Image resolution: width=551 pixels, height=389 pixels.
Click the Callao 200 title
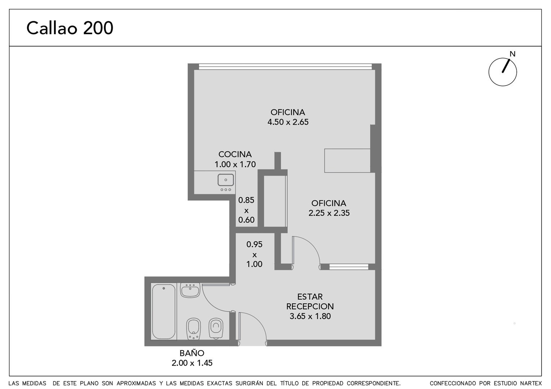70,28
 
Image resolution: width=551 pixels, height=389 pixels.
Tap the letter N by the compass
512,54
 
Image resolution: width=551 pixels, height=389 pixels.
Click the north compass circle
503,72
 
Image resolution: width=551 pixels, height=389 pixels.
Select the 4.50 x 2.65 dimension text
288,122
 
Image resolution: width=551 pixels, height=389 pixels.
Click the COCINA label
235,154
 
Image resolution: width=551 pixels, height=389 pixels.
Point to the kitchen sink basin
226,180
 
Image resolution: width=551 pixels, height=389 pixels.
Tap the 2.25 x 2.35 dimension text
329,213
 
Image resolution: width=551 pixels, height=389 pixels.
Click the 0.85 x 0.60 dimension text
246,210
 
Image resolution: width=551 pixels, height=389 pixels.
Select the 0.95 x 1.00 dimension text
254,254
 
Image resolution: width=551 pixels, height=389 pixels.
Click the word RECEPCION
310,307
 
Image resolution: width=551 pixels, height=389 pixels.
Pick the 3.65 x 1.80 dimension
310,316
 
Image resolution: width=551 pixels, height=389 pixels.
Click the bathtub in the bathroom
164,312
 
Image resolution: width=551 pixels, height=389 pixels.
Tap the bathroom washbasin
190,290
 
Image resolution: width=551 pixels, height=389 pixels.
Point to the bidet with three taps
193,329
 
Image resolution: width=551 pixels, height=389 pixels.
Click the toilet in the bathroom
216,328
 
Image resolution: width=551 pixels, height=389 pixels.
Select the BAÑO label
192,353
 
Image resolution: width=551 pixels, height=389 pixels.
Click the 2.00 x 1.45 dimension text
192,363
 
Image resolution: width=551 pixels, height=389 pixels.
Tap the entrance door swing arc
257,320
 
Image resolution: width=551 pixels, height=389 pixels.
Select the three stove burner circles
226,190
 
